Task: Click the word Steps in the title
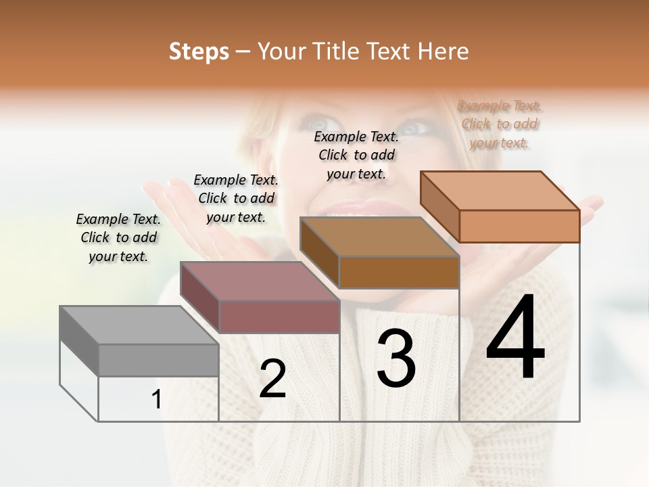pyautogui.click(x=199, y=51)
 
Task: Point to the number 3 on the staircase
pyautogui.click(x=395, y=358)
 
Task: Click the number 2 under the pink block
pyautogui.click(x=272, y=379)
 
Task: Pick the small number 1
pyautogui.click(x=157, y=400)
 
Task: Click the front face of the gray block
pyautogui.click(x=158, y=360)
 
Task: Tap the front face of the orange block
pyautogui.click(x=519, y=226)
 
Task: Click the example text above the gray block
pyautogui.click(x=118, y=237)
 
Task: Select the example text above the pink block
pyautogui.click(x=236, y=198)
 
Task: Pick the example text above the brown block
pyautogui.click(x=356, y=155)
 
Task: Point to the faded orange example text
pyautogui.click(x=500, y=124)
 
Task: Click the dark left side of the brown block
pyautogui.click(x=318, y=253)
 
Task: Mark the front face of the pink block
pyautogui.click(x=279, y=317)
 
